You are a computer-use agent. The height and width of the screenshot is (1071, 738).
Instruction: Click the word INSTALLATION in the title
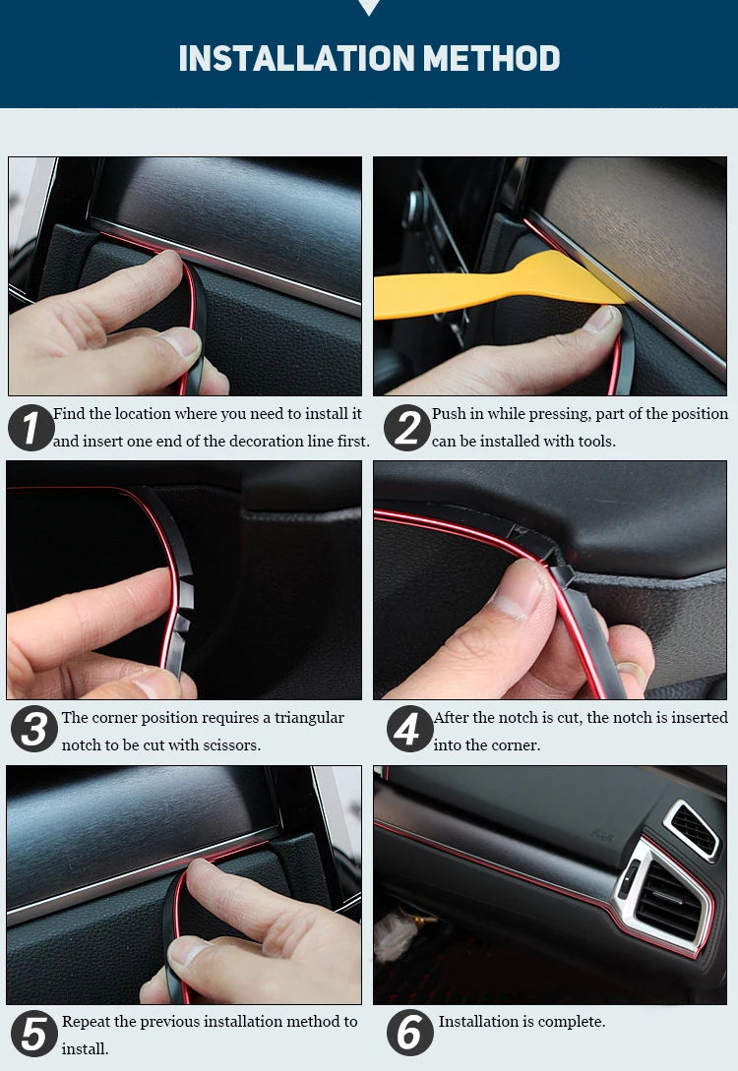(296, 59)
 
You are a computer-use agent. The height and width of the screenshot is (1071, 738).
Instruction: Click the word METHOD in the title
(492, 59)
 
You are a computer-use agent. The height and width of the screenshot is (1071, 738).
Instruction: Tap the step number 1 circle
(31, 428)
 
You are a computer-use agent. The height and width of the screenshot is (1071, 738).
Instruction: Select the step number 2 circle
(407, 428)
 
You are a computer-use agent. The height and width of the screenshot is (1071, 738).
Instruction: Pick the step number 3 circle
(34, 729)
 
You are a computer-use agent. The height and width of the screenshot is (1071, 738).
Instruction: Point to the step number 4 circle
(409, 729)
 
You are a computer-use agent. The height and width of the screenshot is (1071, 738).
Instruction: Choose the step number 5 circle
(34, 1034)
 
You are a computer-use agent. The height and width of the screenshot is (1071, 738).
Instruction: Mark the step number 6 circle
(409, 1033)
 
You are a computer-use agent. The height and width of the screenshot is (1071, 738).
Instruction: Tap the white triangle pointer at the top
(369, 7)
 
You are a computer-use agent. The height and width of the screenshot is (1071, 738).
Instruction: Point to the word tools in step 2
(595, 442)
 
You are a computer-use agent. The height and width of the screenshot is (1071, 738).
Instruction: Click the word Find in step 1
(69, 414)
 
